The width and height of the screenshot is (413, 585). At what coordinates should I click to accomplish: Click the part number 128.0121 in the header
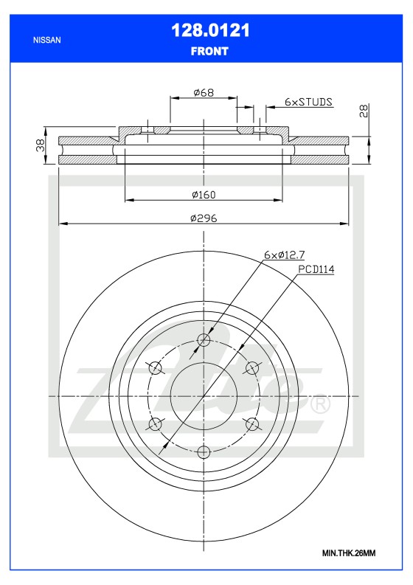[209, 30]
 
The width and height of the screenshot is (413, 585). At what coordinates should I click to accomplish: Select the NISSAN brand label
[48, 40]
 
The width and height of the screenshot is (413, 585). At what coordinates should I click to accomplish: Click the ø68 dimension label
[203, 92]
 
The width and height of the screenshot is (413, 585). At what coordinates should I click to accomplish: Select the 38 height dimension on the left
[42, 146]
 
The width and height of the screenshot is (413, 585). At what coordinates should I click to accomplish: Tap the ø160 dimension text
[203, 195]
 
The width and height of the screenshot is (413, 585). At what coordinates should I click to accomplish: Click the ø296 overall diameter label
[203, 218]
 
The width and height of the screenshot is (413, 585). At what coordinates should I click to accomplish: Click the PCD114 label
[316, 270]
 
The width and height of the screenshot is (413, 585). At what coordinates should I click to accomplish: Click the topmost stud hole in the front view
[204, 340]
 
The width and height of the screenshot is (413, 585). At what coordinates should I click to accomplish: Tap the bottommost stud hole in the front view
[204, 451]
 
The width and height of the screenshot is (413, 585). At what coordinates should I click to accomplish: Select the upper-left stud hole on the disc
[156, 367]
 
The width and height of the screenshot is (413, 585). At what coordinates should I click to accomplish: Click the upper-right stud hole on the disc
[252, 367]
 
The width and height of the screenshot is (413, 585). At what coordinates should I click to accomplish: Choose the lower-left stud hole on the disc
[156, 423]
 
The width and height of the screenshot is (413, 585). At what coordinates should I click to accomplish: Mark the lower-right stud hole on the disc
[252, 423]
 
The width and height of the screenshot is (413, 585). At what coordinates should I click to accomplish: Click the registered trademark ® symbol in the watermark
[319, 405]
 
